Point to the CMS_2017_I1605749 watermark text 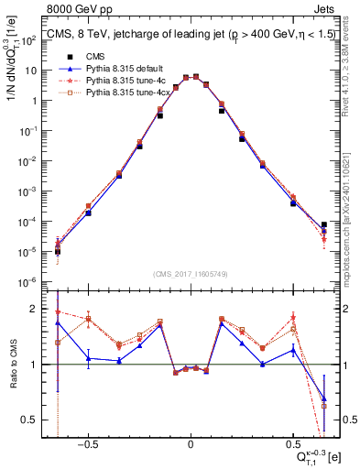(190, 275)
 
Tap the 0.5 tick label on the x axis (292, 442)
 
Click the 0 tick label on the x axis (190, 442)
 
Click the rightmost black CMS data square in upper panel (323, 224)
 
